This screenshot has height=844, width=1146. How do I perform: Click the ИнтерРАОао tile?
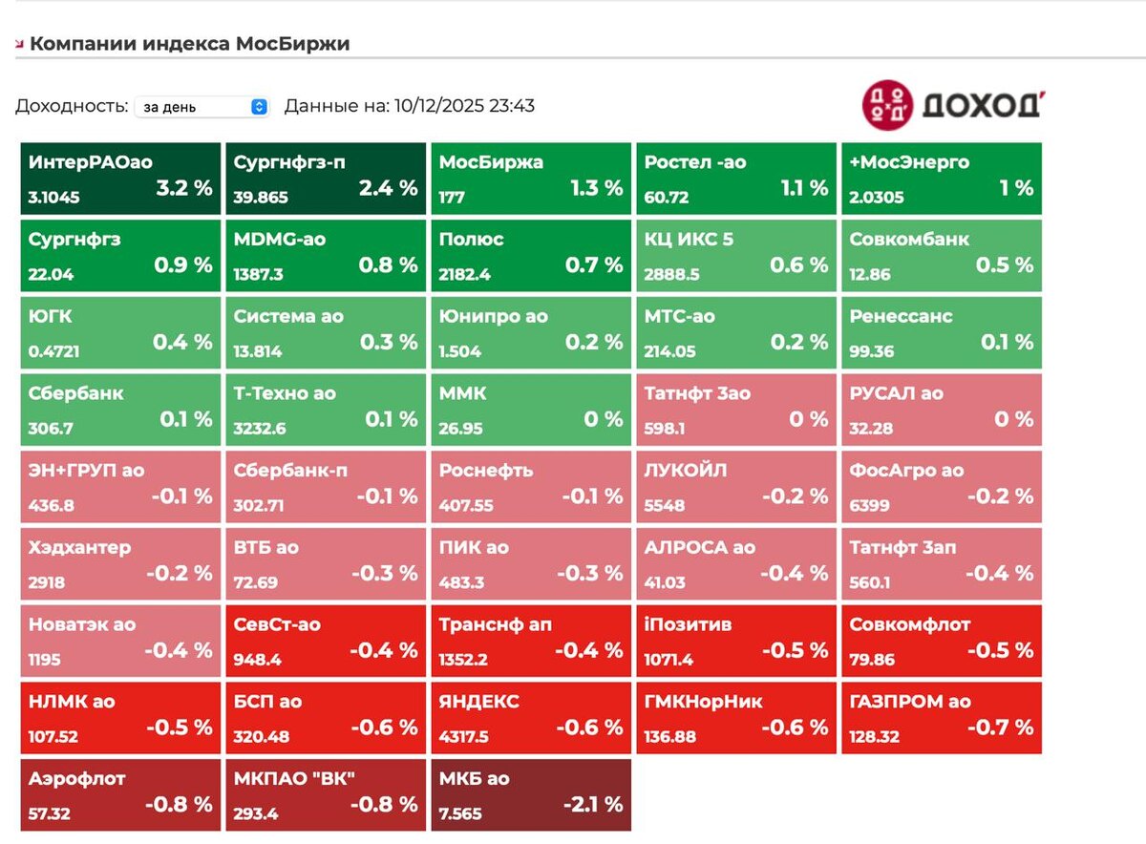[119, 179]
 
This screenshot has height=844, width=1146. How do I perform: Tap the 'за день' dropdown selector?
[202, 107]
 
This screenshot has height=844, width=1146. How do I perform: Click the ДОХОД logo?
[951, 104]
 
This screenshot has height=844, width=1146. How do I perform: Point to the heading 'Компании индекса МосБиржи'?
[189, 44]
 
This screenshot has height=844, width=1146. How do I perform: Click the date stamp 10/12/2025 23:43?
[464, 106]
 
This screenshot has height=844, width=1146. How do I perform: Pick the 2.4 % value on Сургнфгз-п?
[389, 188]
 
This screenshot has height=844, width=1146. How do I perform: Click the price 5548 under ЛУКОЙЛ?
[665, 505]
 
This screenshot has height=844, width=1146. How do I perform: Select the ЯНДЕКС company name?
[479, 702]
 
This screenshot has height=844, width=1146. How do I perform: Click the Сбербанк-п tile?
[325, 487]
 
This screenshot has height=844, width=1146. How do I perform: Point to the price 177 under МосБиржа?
[452, 197]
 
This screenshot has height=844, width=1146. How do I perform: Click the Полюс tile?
[531, 256]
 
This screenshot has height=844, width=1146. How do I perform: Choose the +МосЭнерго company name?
[909, 162]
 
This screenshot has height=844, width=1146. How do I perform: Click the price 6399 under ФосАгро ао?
[870, 505]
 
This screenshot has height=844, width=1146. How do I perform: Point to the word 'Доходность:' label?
[72, 106]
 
